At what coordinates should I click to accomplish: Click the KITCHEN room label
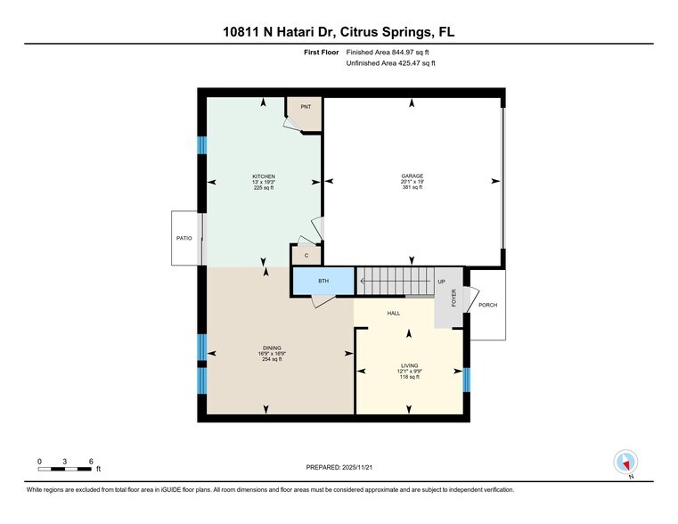[264, 176]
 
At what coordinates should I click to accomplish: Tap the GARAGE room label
[412, 176]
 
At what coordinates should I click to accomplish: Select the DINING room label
[272, 348]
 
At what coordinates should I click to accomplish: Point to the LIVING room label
[409, 365]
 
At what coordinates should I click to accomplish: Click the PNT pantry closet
[305, 108]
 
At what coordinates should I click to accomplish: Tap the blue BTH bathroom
[323, 282]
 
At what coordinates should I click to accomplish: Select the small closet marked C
[306, 256]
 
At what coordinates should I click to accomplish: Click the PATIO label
[184, 238]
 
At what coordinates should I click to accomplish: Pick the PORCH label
[487, 305]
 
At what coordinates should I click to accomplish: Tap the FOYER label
[453, 298]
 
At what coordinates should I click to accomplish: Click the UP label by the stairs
[441, 282]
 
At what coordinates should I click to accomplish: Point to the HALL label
[393, 313]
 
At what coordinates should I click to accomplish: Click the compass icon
[626, 463]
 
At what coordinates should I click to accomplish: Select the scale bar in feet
[65, 463]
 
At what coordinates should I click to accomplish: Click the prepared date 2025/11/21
[339, 467]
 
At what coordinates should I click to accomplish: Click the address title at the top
[339, 32]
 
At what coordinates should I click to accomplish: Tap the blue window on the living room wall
[466, 379]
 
